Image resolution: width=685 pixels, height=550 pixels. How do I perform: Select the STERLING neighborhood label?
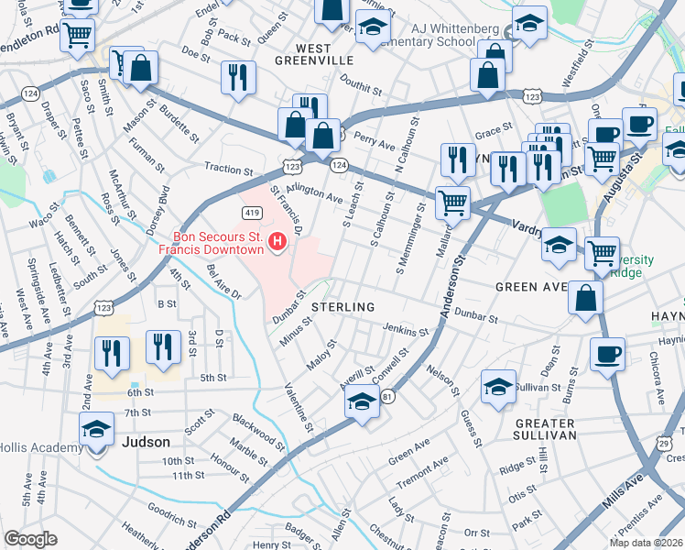tap(343, 306)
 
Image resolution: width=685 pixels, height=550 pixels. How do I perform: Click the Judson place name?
tap(145, 442)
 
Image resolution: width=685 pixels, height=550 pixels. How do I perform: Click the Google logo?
tap(30, 539)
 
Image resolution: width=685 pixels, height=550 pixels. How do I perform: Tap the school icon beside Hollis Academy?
tap(96, 429)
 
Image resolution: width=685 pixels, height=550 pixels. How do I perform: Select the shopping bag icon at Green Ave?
tap(585, 298)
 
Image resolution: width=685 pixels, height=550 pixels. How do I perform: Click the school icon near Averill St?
tap(363, 401)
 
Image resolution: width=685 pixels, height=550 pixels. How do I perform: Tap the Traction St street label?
tap(228, 170)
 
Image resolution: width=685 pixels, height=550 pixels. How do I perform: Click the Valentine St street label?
tap(299, 408)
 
